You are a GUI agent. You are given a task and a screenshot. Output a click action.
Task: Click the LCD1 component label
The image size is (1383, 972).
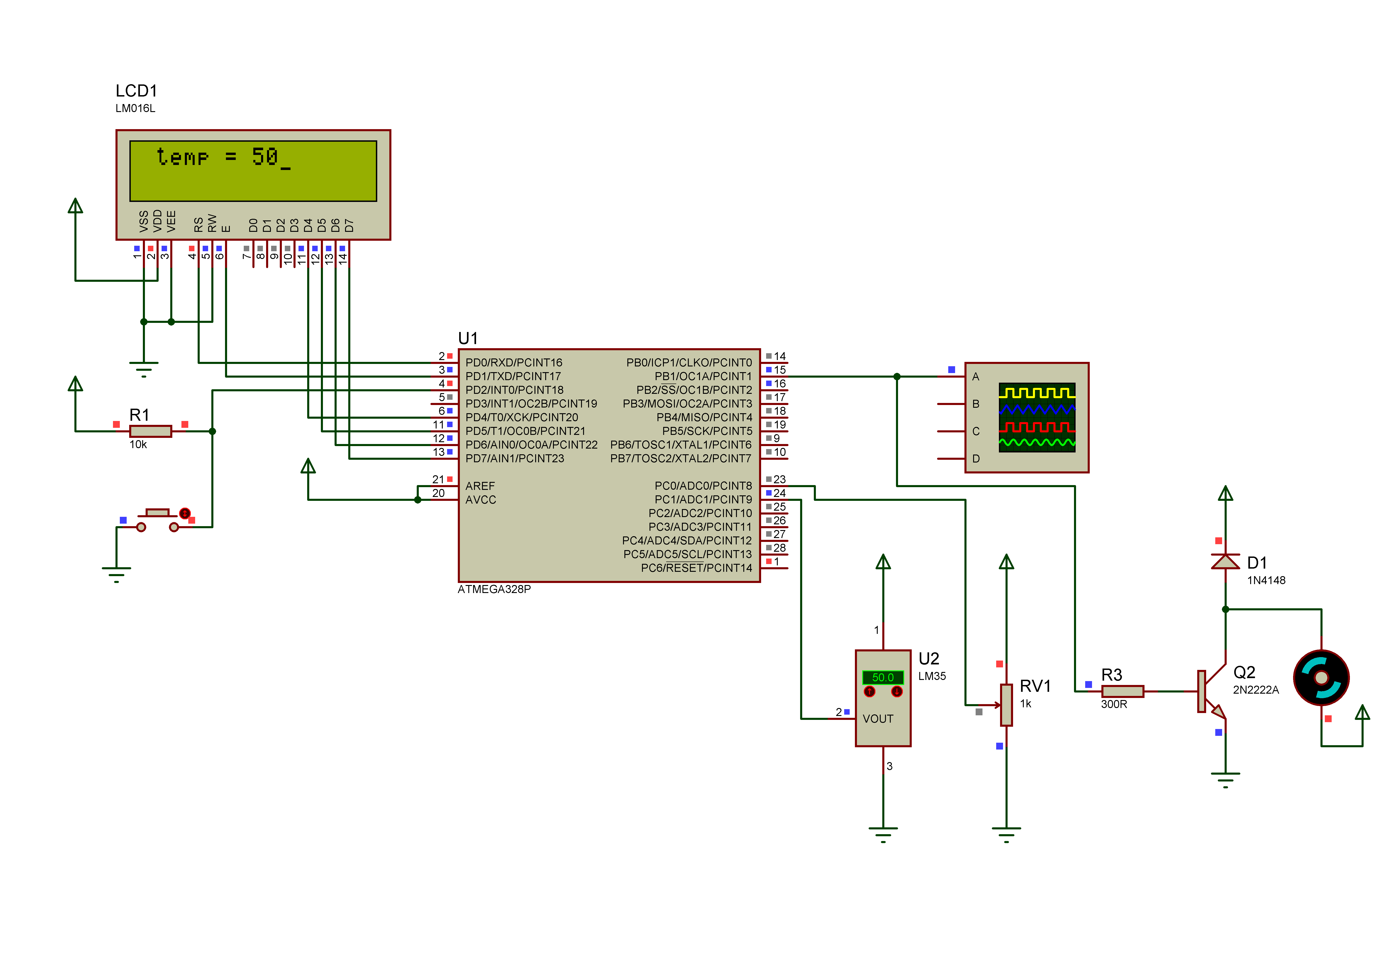pos(136,91)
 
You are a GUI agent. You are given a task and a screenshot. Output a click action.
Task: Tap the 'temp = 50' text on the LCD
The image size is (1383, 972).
pos(223,157)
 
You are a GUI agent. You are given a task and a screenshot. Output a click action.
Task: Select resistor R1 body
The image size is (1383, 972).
pos(151,431)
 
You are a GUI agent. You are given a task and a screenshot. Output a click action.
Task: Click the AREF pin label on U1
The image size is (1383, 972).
pos(480,486)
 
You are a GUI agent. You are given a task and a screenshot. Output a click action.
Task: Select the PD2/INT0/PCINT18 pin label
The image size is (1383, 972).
pos(514,390)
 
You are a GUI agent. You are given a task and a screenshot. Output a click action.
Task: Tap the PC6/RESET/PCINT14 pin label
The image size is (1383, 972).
pos(696,568)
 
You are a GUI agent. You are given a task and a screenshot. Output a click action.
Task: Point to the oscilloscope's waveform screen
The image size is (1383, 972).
pos(1037,418)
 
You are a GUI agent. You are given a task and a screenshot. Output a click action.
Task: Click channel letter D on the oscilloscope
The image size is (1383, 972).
pos(976,459)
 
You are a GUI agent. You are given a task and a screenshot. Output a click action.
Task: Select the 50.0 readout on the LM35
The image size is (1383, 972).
pos(883,677)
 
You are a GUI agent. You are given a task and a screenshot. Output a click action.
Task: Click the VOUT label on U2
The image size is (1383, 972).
pos(878,719)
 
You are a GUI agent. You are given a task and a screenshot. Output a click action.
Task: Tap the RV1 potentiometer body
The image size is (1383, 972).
pos(1006,705)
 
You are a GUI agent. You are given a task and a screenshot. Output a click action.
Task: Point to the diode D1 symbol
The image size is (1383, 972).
pos(1225,562)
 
